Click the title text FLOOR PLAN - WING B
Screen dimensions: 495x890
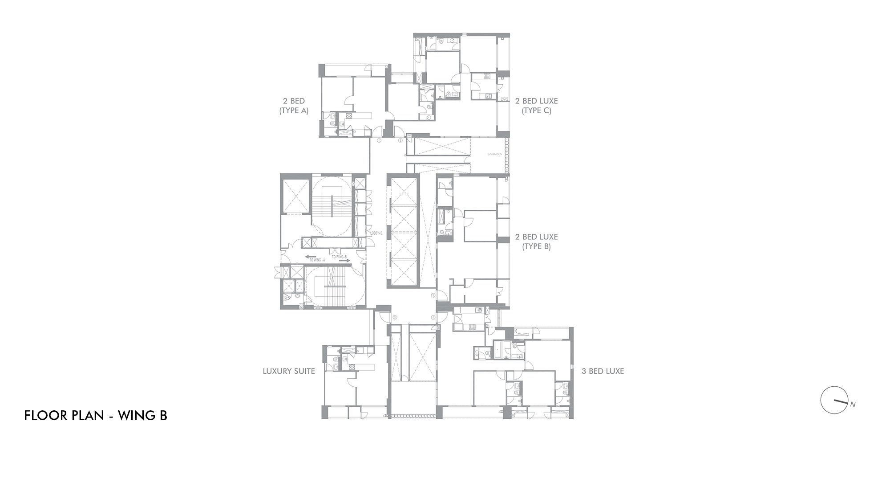pyautogui.click(x=96, y=416)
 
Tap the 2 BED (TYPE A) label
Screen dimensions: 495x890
pyautogui.click(x=294, y=106)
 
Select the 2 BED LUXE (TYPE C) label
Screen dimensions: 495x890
pyautogui.click(x=536, y=106)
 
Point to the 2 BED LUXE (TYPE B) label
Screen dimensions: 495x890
pyautogui.click(x=536, y=241)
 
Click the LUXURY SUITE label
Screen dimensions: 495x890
pyautogui.click(x=289, y=371)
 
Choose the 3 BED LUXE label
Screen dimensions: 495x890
pyautogui.click(x=603, y=371)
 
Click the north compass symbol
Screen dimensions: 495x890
pyautogui.click(x=833, y=400)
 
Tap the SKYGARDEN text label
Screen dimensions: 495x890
pyautogui.click(x=494, y=154)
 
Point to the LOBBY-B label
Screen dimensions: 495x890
pyautogui.click(x=376, y=233)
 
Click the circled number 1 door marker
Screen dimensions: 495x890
pyautogui.click(x=379, y=140)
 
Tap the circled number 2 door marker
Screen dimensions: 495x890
pyautogui.click(x=400, y=140)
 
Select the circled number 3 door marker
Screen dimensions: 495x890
pyautogui.click(x=433, y=295)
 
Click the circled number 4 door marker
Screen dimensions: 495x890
pyautogui.click(x=433, y=317)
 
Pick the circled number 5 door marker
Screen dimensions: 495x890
pyautogui.click(x=395, y=317)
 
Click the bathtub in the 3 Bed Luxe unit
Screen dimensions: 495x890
pyautogui.click(x=499, y=350)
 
